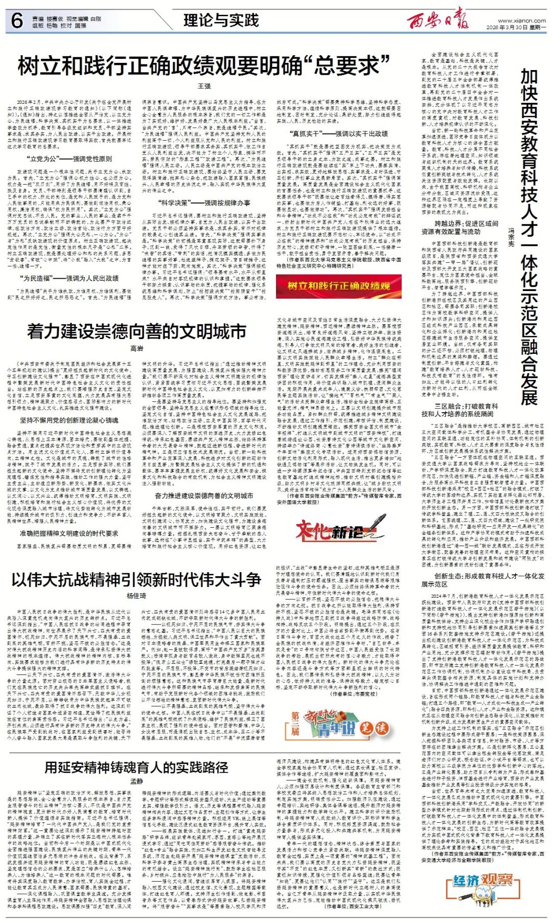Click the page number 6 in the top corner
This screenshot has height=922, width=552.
click(17, 21)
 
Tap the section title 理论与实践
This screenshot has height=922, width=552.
click(221, 20)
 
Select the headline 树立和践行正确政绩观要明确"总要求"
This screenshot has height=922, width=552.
click(204, 66)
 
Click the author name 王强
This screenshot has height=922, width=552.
click(204, 86)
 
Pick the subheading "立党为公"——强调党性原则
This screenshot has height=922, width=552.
click(71, 159)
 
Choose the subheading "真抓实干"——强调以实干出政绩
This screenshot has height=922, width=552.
click(338, 133)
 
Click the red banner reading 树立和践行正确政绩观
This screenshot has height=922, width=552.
click(338, 286)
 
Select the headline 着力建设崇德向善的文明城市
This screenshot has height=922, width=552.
click(136, 331)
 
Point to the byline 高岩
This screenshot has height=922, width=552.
click(136, 348)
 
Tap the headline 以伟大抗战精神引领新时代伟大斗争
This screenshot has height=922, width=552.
click(136, 579)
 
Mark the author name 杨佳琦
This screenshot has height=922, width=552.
click(136, 596)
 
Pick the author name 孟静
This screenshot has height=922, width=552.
click(136, 781)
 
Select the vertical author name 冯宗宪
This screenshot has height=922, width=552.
click(511, 237)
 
